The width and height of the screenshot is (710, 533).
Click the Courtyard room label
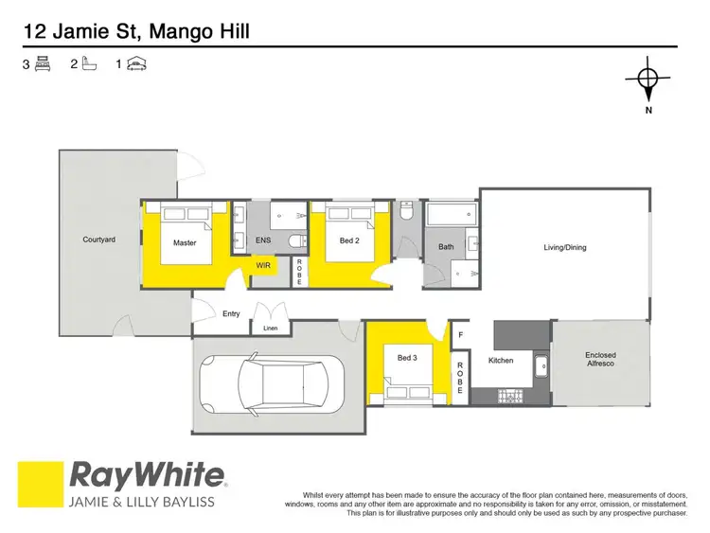[98, 240]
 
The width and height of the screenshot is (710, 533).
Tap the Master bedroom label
[185, 243]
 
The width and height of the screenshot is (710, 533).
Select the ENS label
[263, 241]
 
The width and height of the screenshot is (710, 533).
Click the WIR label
[262, 267]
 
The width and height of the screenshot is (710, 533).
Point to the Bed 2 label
[349, 240]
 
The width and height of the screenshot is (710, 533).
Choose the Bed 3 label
[406, 357]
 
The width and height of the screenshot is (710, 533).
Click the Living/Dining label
[564, 248]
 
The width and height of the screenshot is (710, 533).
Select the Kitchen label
[501, 361]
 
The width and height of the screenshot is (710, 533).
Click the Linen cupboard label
[270, 329]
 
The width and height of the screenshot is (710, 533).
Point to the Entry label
[231, 313]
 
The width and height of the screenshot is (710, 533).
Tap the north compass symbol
[648, 80]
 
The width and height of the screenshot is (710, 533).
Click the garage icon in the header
[138, 64]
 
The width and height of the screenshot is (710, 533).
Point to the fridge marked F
[461, 334]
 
